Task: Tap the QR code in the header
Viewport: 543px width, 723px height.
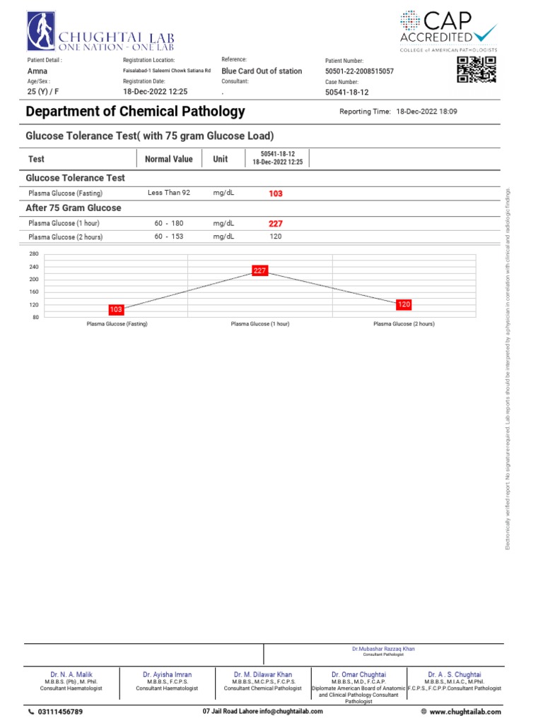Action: (x=476, y=70)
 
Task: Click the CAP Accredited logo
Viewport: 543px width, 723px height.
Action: (x=448, y=31)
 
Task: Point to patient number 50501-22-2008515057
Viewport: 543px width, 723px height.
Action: (x=359, y=71)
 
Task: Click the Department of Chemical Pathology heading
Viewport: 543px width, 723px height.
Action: (x=135, y=112)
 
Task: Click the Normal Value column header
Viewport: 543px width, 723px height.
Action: (x=168, y=159)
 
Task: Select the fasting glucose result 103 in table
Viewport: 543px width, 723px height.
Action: (x=276, y=193)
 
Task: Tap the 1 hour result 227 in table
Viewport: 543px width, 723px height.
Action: (x=276, y=223)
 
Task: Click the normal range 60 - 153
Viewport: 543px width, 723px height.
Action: (x=169, y=237)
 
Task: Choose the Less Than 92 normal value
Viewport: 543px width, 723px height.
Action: (x=169, y=193)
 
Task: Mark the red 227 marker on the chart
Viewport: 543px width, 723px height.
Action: (x=259, y=270)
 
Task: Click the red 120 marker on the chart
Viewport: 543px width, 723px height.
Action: (x=404, y=304)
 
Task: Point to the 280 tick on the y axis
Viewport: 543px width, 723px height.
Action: (x=33, y=253)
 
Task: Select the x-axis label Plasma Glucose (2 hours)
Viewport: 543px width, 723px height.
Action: (x=404, y=323)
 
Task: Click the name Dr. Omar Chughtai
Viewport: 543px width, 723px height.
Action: (x=358, y=674)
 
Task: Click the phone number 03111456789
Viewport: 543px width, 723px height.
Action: (x=59, y=712)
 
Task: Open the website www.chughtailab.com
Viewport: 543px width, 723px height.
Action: (x=465, y=712)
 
